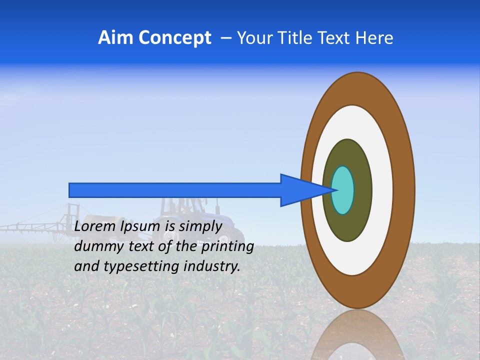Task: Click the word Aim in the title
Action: (x=114, y=38)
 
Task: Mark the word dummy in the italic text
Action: (x=95, y=246)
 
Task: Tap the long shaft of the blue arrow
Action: (x=175, y=190)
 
